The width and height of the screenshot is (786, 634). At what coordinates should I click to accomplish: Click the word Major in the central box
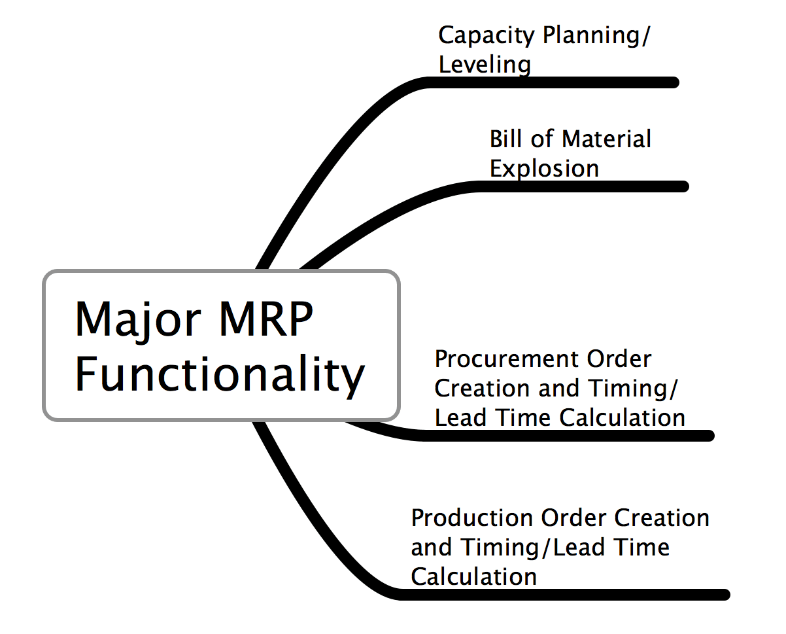(x=138, y=321)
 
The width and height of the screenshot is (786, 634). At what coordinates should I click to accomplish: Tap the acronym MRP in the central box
(x=266, y=318)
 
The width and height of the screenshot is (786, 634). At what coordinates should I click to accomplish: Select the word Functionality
(x=220, y=377)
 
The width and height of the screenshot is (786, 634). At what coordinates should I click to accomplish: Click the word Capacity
(x=487, y=36)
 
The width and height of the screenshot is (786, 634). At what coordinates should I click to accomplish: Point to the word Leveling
(x=485, y=65)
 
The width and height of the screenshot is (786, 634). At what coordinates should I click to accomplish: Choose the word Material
(x=606, y=139)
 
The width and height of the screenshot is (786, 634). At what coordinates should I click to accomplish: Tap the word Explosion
(x=544, y=169)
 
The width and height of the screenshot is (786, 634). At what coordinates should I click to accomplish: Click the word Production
(x=472, y=518)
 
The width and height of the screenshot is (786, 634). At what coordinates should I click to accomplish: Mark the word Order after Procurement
(x=619, y=359)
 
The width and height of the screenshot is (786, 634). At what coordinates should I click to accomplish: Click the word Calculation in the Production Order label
(x=473, y=576)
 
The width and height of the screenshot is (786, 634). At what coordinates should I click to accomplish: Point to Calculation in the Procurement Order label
(x=623, y=417)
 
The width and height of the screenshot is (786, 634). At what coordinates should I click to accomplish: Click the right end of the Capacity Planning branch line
(x=674, y=82)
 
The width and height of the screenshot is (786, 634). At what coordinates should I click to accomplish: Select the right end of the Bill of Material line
(x=684, y=186)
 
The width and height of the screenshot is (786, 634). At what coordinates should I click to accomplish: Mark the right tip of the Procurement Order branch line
(x=709, y=436)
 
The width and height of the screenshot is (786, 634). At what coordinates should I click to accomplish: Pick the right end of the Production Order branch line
(x=725, y=595)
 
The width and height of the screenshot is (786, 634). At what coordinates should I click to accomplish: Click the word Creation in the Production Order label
(x=662, y=518)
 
